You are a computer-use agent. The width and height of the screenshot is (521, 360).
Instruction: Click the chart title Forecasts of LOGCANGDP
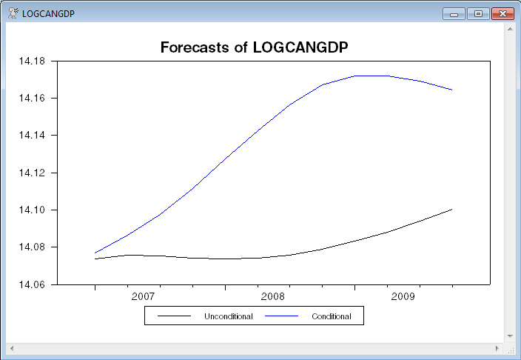[254, 47]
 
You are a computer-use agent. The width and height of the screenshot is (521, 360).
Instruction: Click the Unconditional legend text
[229, 316]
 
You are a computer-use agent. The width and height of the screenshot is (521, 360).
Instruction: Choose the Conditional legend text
[331, 316]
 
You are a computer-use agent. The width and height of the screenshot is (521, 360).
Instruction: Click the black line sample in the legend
[175, 316]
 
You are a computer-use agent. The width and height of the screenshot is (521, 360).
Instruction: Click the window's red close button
[502, 13]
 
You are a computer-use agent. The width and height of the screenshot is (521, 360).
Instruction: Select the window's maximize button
[479, 13]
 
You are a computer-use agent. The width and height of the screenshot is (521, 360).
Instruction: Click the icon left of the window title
[13, 13]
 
